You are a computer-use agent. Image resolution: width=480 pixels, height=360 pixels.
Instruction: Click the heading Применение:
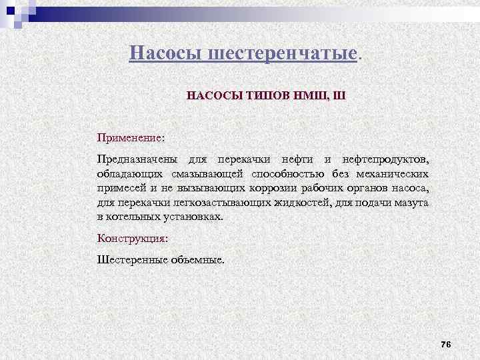tap(131, 137)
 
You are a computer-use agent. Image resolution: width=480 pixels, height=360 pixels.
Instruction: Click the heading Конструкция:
tap(133, 237)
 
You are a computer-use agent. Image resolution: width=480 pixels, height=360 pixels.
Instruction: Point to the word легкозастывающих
tap(221, 203)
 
